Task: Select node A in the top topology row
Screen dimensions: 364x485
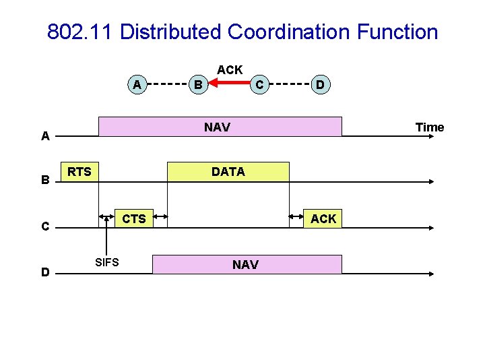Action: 137,84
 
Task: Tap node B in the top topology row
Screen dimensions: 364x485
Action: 197,84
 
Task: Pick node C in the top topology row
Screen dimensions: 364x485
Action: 257,84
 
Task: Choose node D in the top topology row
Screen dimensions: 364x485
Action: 321,84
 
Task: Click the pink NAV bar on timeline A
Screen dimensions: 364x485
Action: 220,127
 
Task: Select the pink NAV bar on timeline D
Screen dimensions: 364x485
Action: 247,264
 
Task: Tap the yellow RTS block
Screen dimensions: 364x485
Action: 80,172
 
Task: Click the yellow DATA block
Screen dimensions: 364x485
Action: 228,172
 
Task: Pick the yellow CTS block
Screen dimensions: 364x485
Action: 133,218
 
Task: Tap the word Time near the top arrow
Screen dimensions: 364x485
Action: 430,127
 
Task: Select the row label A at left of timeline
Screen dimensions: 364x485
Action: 45,136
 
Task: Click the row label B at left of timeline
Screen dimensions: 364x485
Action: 45,180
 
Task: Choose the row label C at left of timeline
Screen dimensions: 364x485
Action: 45,226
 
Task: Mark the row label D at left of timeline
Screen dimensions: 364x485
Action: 45,272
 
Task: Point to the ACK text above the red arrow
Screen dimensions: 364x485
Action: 230,69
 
